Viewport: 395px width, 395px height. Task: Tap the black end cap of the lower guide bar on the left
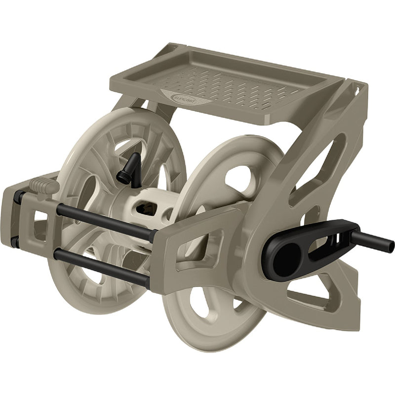15,241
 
